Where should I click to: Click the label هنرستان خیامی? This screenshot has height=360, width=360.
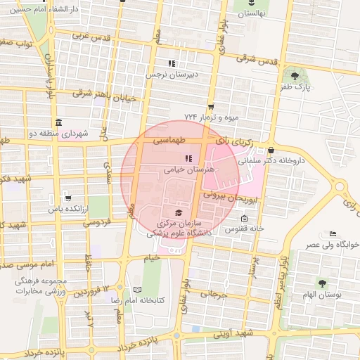pyautogui.click(x=188, y=169)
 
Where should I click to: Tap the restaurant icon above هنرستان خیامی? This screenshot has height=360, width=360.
pyautogui.click(x=188, y=158)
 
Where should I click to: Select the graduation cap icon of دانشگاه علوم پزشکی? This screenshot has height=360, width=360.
pyautogui.click(x=178, y=212)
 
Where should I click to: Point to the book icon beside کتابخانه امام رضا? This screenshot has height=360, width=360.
pyautogui.click(x=137, y=290)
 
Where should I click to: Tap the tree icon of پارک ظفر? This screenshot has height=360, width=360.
pyautogui.click(x=295, y=76)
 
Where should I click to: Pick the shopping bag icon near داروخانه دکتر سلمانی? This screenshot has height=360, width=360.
pyautogui.click(x=271, y=150)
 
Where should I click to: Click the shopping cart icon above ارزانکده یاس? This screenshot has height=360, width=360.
pyautogui.click(x=67, y=198)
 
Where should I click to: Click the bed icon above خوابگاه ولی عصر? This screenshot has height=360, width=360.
pyautogui.click(x=333, y=234)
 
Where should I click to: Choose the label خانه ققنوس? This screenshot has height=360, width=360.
pyautogui.click(x=244, y=229)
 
